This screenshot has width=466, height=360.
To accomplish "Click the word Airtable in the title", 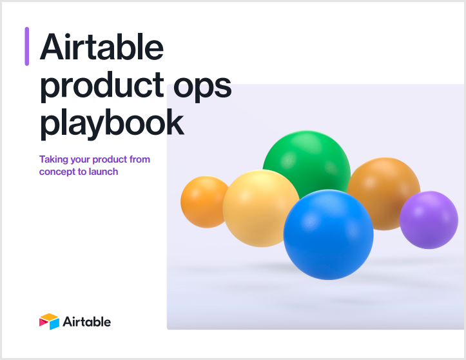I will [x=102, y=48].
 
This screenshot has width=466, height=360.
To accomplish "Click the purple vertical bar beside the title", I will [x=27, y=46].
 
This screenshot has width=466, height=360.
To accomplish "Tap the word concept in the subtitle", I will [x=57, y=172].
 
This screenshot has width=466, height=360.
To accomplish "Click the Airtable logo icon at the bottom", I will [x=49, y=321].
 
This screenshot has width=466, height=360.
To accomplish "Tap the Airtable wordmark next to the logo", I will [x=87, y=321].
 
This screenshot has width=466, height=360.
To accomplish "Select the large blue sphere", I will [x=329, y=234].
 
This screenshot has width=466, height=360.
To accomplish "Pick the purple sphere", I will [x=428, y=220].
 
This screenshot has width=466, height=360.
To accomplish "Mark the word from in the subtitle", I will [x=139, y=159].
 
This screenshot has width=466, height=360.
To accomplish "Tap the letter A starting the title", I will [x=53, y=48].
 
